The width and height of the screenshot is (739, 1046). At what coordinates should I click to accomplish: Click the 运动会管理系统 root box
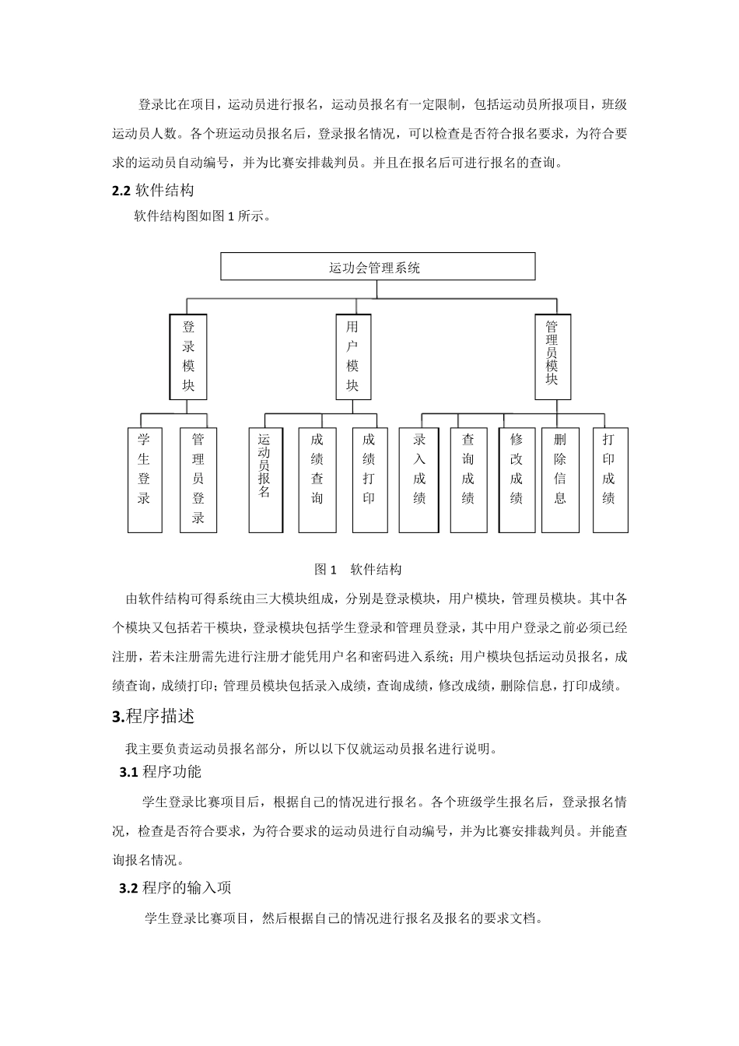[x=378, y=267]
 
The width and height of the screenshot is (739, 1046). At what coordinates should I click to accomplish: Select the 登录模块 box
[x=188, y=356]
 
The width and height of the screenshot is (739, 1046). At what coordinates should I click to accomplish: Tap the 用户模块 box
[x=353, y=356]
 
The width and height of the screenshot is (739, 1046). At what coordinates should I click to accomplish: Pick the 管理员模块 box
[x=552, y=356]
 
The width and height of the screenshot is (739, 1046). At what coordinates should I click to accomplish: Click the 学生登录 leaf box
[x=145, y=479]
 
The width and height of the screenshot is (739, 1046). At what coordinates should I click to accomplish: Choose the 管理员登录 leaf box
[x=198, y=479]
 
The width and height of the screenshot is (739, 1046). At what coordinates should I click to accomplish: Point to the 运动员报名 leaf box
[x=265, y=479]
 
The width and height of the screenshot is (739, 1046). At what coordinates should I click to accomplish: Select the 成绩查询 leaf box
[x=317, y=479]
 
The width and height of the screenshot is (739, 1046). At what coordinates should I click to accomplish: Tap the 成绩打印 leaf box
[x=369, y=479]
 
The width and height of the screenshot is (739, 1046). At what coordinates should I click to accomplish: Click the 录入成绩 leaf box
[x=419, y=479]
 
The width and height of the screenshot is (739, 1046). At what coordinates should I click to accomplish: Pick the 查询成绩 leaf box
[x=468, y=479]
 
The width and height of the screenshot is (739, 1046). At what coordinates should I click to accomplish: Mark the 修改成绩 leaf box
[x=517, y=479]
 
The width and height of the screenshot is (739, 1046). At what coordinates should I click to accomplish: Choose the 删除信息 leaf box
[x=560, y=479]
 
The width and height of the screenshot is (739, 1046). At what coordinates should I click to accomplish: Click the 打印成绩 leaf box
[x=610, y=479]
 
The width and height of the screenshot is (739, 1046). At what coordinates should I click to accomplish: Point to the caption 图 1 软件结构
[x=358, y=570]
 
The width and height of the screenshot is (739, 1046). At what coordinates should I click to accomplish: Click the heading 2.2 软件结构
[x=153, y=191]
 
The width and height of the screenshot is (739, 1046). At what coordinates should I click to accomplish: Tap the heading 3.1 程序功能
[x=160, y=772]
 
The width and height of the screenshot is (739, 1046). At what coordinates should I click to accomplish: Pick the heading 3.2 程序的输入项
[x=175, y=888]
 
